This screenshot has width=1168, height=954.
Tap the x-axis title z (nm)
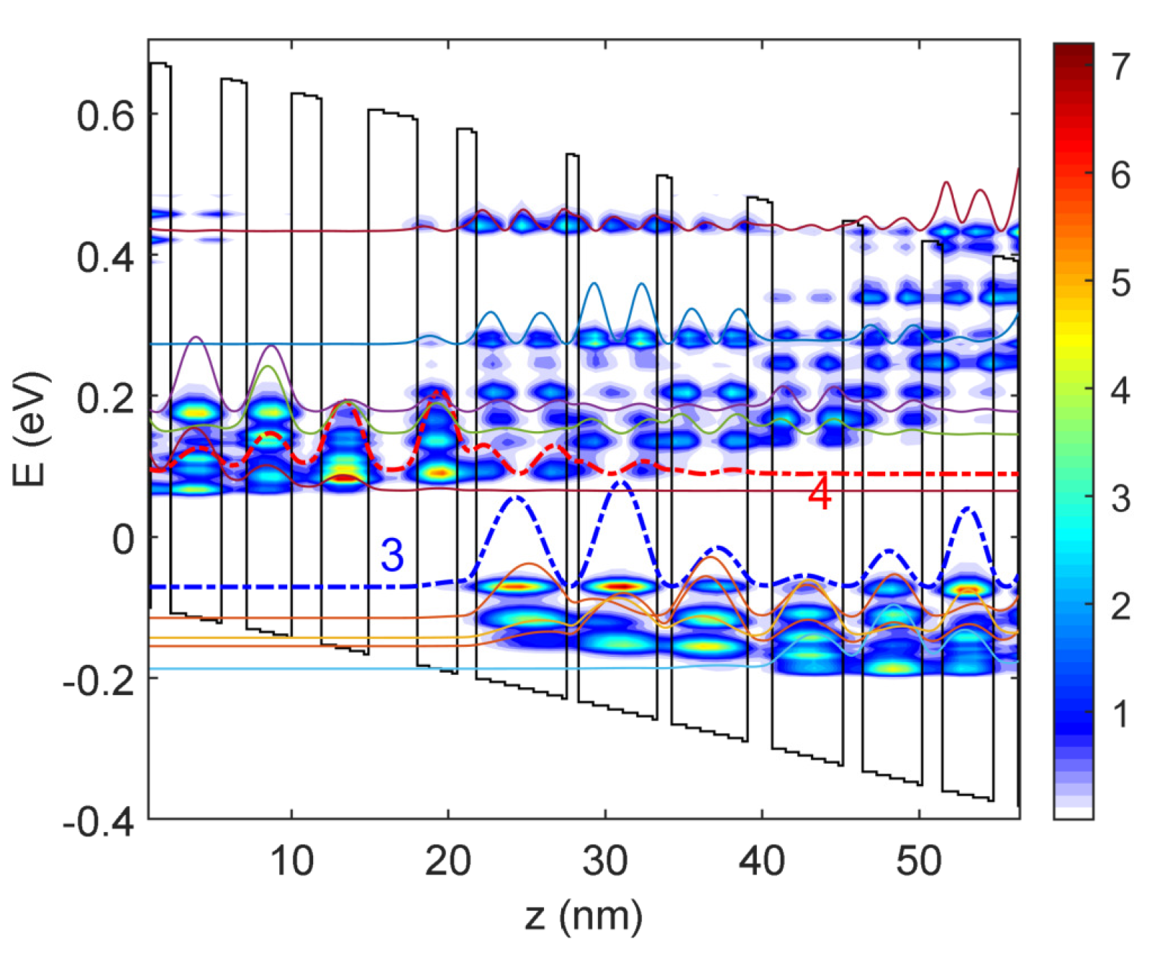583,917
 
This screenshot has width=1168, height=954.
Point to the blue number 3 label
392,555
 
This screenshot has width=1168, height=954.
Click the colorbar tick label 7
1120,67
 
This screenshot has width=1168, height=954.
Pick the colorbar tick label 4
1120,391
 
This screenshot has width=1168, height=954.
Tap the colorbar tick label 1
1120,714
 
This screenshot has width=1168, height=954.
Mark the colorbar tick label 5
1120,283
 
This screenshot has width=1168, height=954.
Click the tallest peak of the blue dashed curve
620,482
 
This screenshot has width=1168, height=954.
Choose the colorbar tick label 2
1120,606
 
